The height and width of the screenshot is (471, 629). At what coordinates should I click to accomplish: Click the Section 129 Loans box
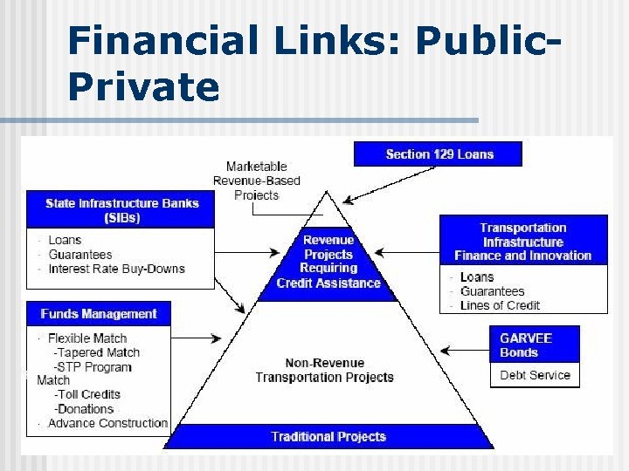[438, 154]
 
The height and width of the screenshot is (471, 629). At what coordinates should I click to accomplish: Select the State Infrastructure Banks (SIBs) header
[121, 210]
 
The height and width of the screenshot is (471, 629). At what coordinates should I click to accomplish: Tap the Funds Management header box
[98, 314]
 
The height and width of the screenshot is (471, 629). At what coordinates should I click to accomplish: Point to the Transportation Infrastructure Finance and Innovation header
[522, 242]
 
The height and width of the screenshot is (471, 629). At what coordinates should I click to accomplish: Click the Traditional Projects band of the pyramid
[328, 436]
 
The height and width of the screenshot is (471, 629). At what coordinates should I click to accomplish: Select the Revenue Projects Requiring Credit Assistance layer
[328, 262]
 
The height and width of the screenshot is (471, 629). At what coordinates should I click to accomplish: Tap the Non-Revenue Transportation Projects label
[324, 370]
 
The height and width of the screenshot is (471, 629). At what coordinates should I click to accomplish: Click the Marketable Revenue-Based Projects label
[256, 181]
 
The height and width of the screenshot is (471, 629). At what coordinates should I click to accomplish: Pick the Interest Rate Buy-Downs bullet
[116, 269]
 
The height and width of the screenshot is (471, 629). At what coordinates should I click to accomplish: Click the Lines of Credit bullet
[500, 305]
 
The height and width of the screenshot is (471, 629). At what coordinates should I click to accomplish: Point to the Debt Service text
[535, 375]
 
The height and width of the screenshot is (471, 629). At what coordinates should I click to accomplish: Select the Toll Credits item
[87, 394]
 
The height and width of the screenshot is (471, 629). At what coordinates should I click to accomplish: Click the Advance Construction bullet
[107, 423]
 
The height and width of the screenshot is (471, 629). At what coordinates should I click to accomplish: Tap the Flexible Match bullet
[87, 338]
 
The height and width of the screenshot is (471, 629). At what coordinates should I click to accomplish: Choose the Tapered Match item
[96, 352]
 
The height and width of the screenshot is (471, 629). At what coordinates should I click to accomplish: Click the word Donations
[85, 409]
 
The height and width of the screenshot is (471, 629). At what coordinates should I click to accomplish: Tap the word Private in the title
[143, 87]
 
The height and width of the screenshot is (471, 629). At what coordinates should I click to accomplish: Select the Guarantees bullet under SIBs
[80, 255]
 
